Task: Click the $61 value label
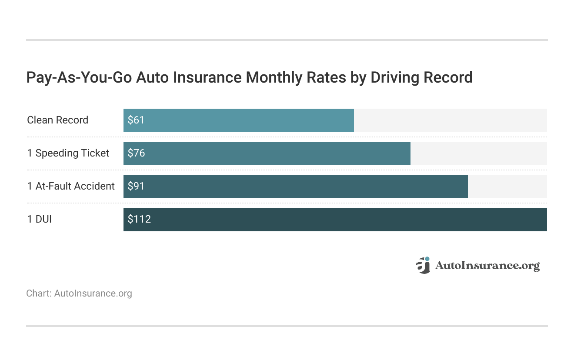click(x=136, y=120)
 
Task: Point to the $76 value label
click(x=136, y=153)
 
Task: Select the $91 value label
click(x=136, y=187)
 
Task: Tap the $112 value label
click(x=139, y=220)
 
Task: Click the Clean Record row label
click(x=57, y=120)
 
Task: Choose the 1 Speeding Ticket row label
click(x=68, y=153)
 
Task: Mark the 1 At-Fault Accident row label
click(x=71, y=187)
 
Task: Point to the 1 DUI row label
click(x=39, y=220)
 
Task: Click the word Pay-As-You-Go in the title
click(x=79, y=78)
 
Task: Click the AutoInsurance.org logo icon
click(x=423, y=265)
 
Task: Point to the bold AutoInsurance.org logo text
click(x=487, y=266)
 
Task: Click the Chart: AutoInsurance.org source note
click(x=79, y=293)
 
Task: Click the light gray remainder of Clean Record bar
click(x=450, y=120)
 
